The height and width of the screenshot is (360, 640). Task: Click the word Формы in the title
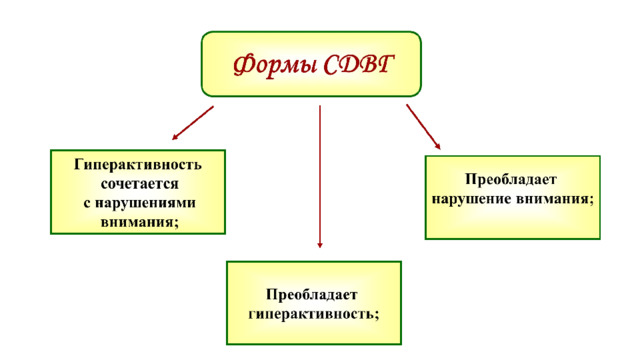click(275, 65)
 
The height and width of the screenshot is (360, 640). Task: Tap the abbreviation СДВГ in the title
click(359, 64)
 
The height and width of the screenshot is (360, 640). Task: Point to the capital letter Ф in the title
click(244, 65)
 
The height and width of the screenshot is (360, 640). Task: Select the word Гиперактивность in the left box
click(138, 164)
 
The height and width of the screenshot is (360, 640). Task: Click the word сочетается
click(140, 184)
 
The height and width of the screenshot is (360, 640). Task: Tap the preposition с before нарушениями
click(87, 203)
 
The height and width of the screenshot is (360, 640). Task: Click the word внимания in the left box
click(137, 222)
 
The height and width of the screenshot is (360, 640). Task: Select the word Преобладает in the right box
click(511, 179)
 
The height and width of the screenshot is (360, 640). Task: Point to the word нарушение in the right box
click(471, 199)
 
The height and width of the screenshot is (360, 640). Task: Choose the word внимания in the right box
click(552, 199)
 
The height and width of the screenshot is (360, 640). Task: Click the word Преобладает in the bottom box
click(312, 294)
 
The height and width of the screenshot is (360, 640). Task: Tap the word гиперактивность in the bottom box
click(311, 314)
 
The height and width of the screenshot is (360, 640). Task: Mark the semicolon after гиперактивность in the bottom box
click(376, 315)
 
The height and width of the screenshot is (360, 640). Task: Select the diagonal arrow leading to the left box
click(193, 123)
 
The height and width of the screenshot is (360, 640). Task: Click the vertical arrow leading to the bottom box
click(320, 177)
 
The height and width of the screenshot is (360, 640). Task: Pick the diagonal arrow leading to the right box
click(424, 127)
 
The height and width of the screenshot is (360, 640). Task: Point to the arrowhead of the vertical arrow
click(320, 245)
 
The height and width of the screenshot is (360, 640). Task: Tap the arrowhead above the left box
click(175, 137)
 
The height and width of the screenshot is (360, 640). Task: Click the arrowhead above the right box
click(438, 147)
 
